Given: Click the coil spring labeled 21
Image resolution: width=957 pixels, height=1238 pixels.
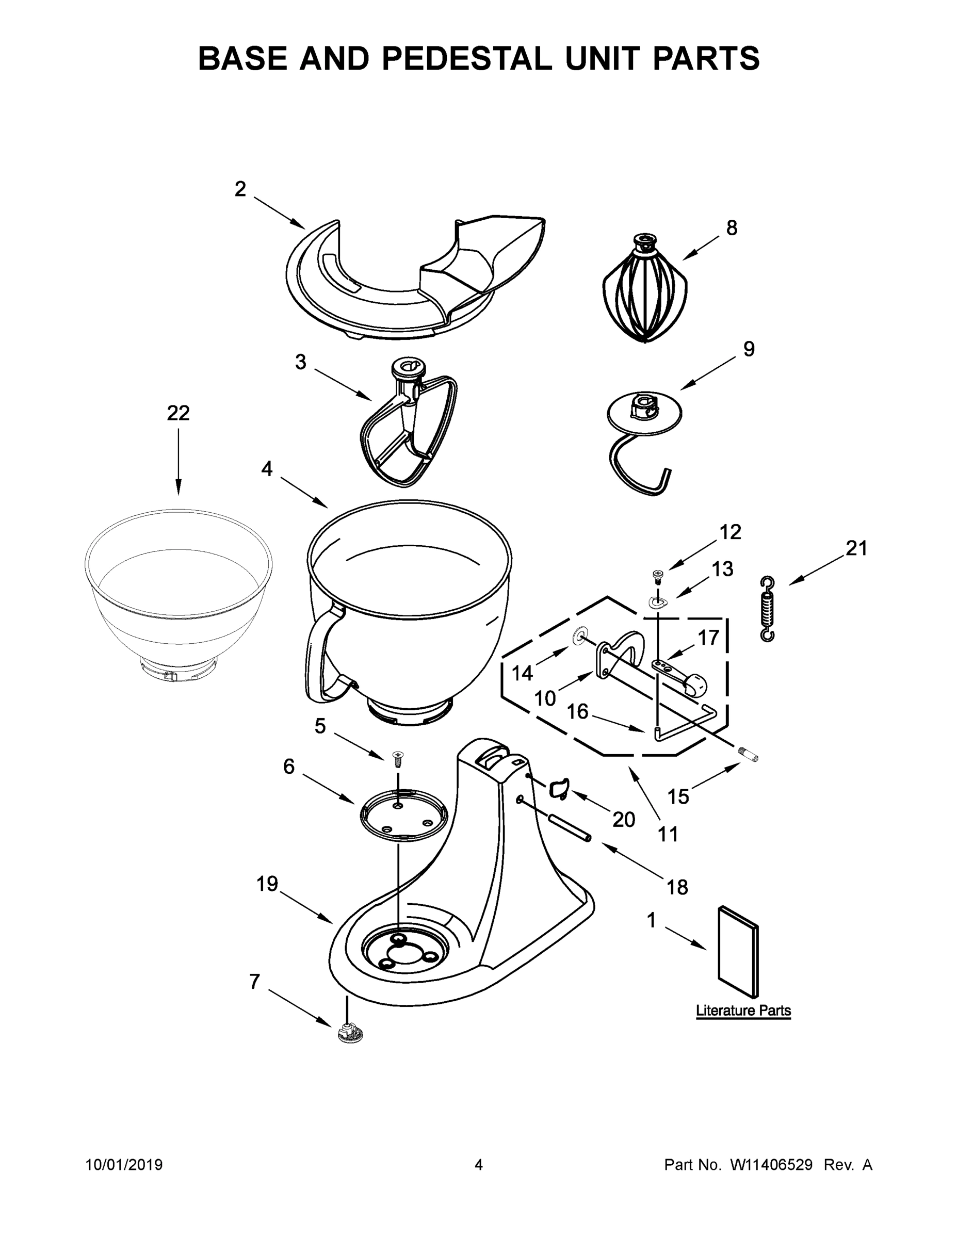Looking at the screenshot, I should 767,609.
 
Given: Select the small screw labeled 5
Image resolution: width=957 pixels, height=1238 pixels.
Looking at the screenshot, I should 398,757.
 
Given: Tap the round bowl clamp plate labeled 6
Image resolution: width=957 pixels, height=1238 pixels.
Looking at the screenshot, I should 403,815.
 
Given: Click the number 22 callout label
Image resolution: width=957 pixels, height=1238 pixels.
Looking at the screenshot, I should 178,413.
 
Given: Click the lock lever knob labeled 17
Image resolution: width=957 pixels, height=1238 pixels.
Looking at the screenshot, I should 695,684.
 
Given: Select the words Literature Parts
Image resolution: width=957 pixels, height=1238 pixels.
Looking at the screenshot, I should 743,1011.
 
